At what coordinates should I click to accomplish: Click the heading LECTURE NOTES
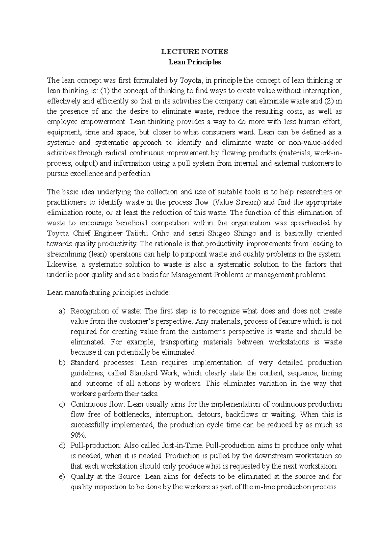(194, 52)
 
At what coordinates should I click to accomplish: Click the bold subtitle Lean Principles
(194, 62)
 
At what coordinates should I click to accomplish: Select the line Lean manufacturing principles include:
(108, 293)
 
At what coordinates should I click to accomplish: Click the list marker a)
(62, 311)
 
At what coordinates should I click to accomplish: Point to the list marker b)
(62, 363)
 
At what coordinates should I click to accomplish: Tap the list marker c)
(62, 405)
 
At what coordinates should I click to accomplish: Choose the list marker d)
(62, 446)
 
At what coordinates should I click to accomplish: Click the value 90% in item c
(77, 435)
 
